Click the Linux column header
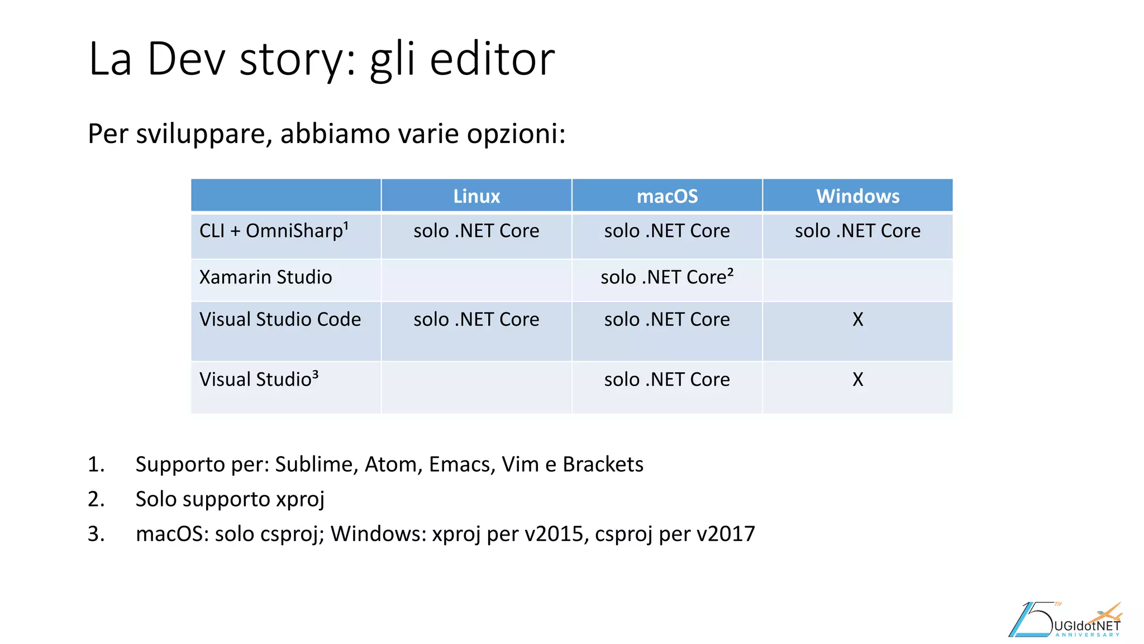tap(476, 196)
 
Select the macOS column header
tap(667, 196)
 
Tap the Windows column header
tap(857, 196)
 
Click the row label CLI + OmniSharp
tap(274, 231)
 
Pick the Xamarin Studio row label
tap(265, 277)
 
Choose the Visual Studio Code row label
tap(280, 319)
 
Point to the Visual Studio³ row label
tap(259, 380)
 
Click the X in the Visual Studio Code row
tap(857, 320)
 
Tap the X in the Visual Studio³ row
tap(857, 380)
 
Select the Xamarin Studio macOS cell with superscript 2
tap(667, 277)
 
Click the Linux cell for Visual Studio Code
tap(476, 320)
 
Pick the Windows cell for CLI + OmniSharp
tap(857, 231)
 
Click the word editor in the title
tap(492, 59)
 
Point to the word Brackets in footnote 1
tap(603, 465)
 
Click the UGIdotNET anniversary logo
tap(1065, 621)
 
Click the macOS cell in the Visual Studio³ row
tap(667, 380)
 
